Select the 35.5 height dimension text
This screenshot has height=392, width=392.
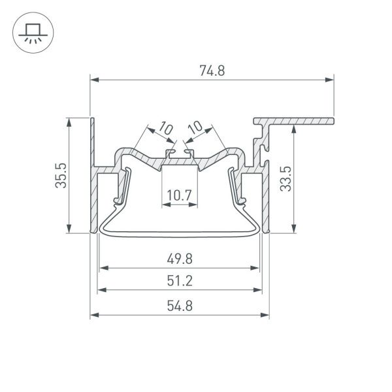pos(61,175)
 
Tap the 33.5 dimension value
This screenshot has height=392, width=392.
pos(285,178)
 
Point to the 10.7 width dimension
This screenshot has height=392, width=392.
pos(178,194)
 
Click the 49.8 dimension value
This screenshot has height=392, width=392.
pos(179,259)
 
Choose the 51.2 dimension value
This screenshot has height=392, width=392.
pos(179,282)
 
